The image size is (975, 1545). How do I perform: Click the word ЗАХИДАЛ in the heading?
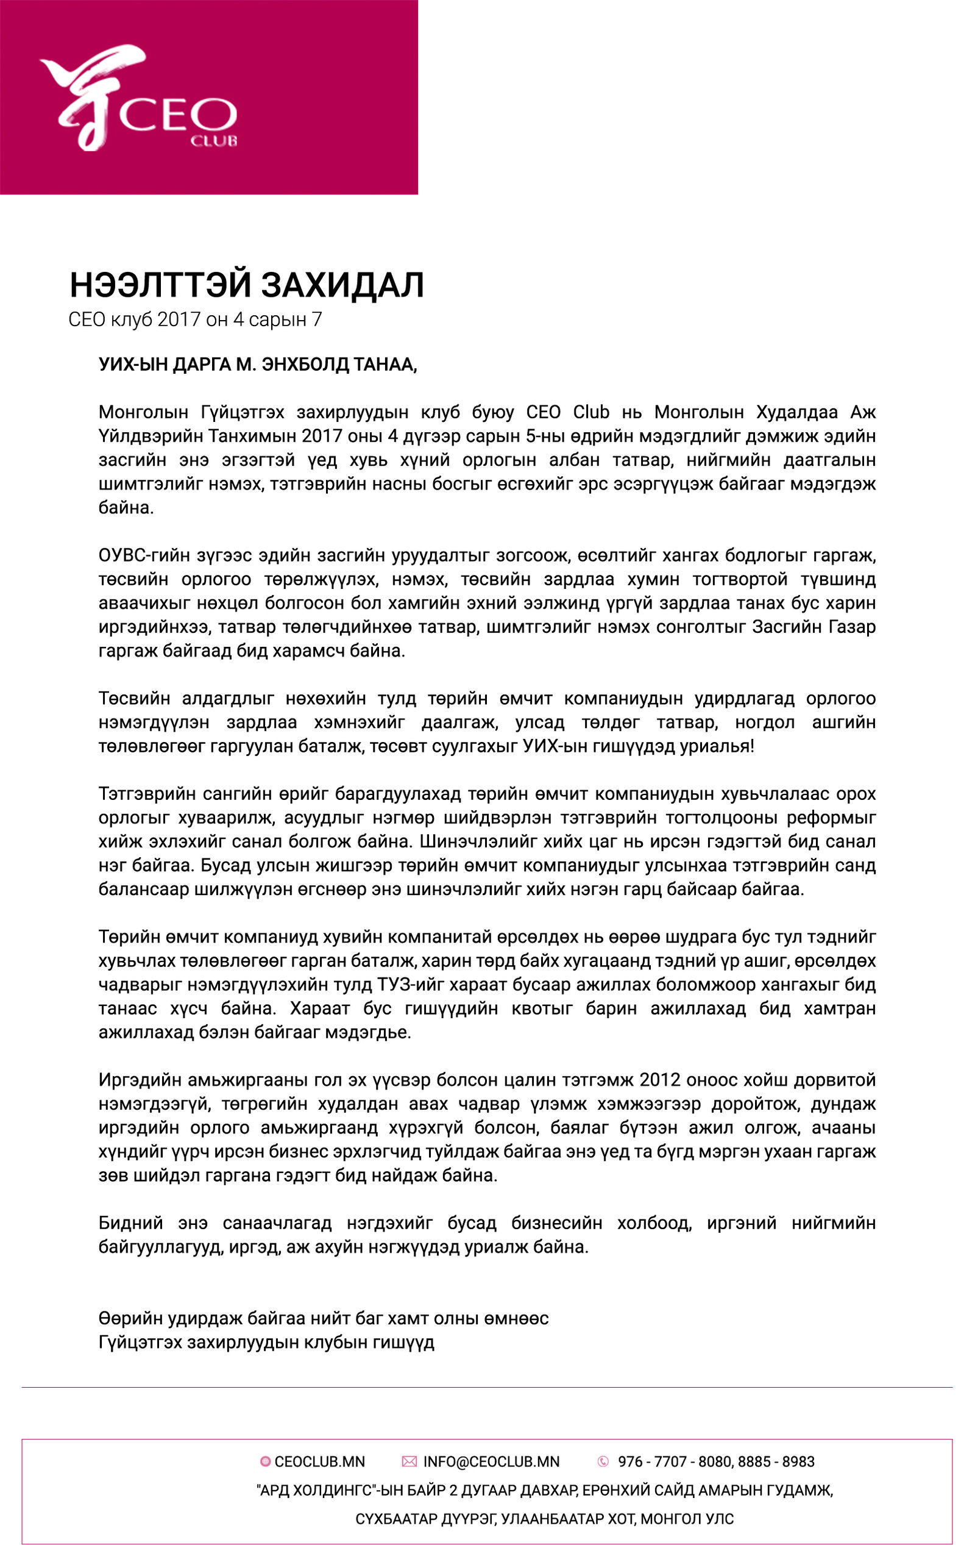[x=342, y=285]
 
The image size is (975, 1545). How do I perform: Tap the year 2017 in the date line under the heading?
[x=179, y=319]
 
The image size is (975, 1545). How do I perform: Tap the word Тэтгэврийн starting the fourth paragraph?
[x=147, y=794]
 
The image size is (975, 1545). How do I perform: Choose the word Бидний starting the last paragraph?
[x=131, y=1224]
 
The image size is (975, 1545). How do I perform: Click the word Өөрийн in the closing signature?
[x=130, y=1319]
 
